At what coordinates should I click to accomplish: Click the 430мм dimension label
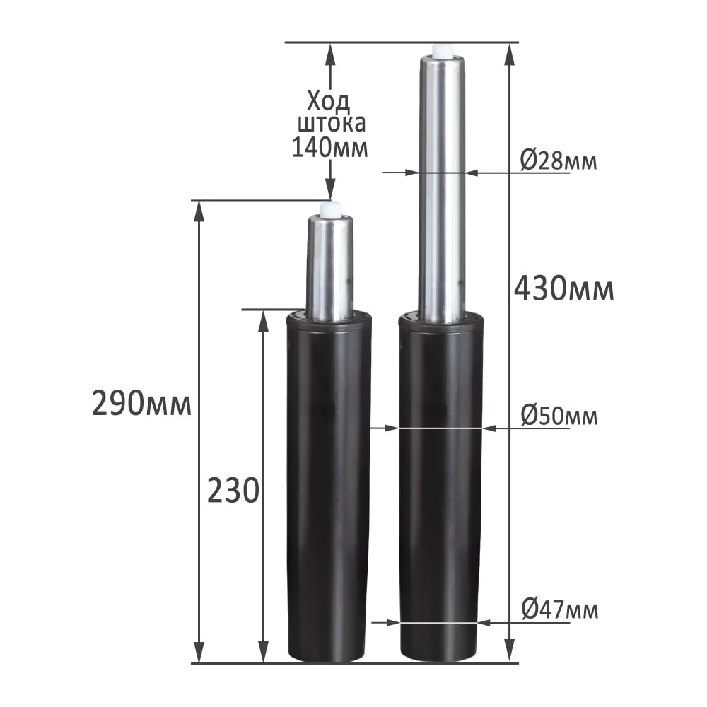click(563, 289)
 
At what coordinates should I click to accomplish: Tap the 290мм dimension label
click(142, 404)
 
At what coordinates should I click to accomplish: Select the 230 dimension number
click(233, 491)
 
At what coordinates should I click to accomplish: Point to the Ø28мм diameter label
click(559, 161)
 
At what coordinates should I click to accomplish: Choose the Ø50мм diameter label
click(559, 416)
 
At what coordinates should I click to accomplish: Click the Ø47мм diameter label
click(559, 610)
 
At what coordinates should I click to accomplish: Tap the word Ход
click(329, 101)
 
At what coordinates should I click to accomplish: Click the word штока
click(332, 124)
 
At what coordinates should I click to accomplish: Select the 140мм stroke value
click(330, 148)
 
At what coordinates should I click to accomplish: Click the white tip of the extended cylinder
click(442, 51)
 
